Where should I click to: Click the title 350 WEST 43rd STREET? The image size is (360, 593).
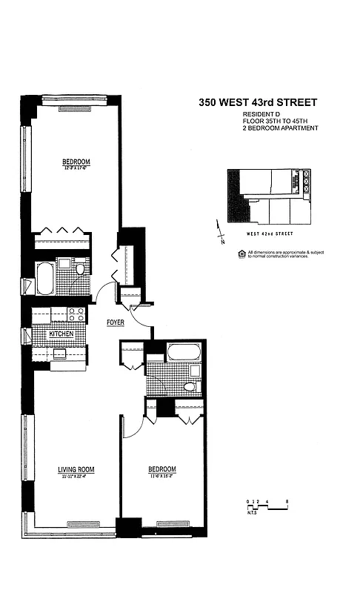pyautogui.click(x=258, y=105)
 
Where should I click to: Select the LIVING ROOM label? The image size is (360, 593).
pyautogui.click(x=76, y=470)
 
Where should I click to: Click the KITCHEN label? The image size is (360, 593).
pyautogui.click(x=61, y=334)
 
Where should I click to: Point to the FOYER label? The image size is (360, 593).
pyautogui.click(x=115, y=323)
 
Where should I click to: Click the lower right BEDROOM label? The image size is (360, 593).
pyautogui.click(x=162, y=469)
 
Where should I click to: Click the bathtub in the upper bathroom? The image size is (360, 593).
pyautogui.click(x=44, y=277)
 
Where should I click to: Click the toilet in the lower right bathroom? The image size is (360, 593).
pyautogui.click(x=190, y=386)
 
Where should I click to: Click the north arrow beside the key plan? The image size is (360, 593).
pyautogui.click(x=219, y=231)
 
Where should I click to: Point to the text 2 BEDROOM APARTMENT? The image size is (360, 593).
pyautogui.click(x=280, y=128)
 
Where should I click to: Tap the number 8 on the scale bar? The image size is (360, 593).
pyautogui.click(x=287, y=501)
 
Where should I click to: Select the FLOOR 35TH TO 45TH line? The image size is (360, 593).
pyautogui.click(x=275, y=122)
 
